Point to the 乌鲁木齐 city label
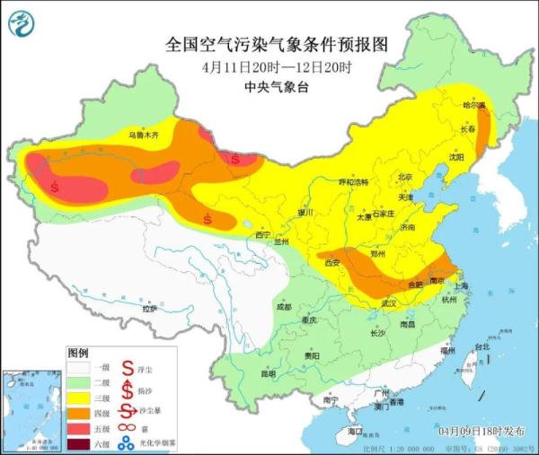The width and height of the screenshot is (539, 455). (145, 135)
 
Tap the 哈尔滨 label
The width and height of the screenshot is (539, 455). (473, 106)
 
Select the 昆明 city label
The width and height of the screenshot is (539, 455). (269, 373)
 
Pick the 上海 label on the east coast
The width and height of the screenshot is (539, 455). (462, 285)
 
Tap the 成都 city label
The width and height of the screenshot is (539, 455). (285, 307)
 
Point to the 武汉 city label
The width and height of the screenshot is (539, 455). (388, 303)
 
